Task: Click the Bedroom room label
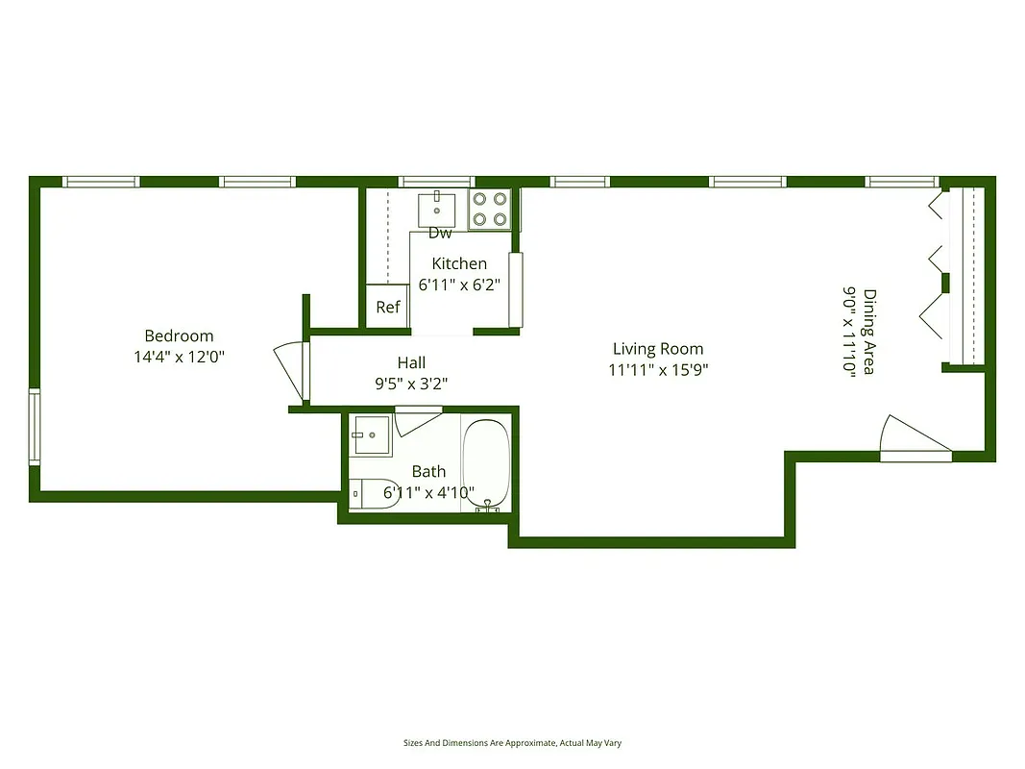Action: (x=179, y=335)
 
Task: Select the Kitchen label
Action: (x=459, y=263)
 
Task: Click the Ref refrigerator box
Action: (x=388, y=308)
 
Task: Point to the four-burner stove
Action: (x=488, y=210)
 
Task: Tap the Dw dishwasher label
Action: (x=440, y=233)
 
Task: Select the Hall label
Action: (x=411, y=362)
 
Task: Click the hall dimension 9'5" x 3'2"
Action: (x=411, y=383)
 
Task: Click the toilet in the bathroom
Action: (x=371, y=493)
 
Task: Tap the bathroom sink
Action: (x=371, y=435)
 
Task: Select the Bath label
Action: (x=428, y=471)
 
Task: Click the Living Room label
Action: (x=658, y=349)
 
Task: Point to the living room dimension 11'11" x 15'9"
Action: (x=658, y=369)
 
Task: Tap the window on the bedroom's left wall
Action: (x=35, y=427)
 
